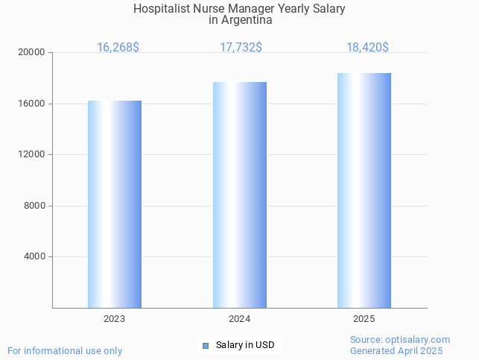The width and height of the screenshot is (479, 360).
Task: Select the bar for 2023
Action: tap(115, 204)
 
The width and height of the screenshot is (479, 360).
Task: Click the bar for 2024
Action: tap(239, 195)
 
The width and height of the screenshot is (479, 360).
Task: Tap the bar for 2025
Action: tap(364, 190)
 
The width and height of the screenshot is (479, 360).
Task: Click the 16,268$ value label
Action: tap(118, 47)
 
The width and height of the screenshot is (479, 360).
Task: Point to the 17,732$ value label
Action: tap(241, 47)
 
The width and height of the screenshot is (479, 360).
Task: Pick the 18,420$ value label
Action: tap(367, 47)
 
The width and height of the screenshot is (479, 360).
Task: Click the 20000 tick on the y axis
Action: tap(33, 52)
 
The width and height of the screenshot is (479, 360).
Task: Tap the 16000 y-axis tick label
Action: tap(33, 104)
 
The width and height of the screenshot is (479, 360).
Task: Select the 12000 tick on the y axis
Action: tap(33, 154)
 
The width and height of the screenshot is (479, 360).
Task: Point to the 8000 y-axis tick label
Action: tap(35, 206)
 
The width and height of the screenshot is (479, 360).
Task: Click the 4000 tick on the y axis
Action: tap(35, 256)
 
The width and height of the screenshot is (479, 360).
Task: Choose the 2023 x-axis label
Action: tap(115, 318)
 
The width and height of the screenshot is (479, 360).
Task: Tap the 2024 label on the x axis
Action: tap(239, 318)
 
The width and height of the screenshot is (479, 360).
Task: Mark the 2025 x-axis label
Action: tap(364, 318)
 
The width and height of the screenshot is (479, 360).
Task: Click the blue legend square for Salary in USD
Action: tap(206, 345)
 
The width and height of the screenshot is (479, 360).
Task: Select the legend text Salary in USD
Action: tap(245, 345)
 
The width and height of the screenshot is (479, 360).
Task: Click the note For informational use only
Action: tap(65, 350)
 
